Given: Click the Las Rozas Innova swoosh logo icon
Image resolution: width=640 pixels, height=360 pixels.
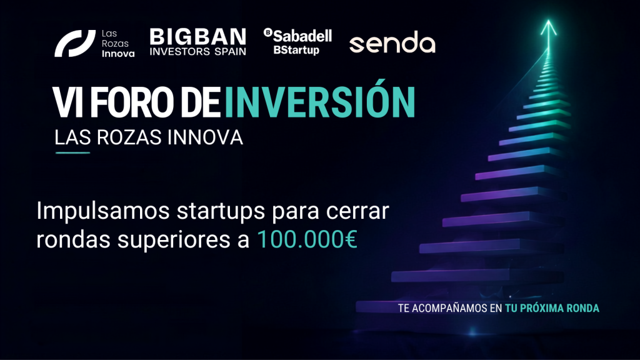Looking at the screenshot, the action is tap(75, 43).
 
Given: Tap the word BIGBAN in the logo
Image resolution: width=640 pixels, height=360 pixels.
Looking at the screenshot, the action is tap(198, 37).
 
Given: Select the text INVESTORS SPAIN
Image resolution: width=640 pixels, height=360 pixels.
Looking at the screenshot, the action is tap(198, 51).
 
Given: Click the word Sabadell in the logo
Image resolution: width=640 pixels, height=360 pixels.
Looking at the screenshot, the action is tap(302, 36).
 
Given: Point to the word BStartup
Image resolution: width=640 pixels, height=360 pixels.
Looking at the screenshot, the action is tap(296, 50).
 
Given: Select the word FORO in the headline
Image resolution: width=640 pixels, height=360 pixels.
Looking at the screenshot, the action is tap(131, 102).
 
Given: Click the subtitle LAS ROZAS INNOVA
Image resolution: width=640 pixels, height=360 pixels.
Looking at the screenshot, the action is tap(149, 137).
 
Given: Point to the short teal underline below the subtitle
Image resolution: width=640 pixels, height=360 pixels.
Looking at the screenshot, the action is tap(72, 153).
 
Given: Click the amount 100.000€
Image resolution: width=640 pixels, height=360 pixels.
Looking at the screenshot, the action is tap(307, 239).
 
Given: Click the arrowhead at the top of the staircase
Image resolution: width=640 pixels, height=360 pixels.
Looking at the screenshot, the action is tap(549, 27).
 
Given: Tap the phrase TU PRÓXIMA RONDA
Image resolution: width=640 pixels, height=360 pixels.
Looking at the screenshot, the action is tap(552, 308).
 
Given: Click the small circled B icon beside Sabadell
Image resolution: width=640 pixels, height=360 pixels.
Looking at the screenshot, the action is tap(267, 32).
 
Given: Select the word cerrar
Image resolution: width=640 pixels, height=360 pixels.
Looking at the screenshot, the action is tap(357, 211).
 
